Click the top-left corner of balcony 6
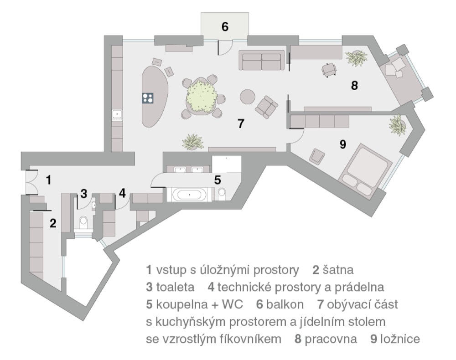tap(201, 12)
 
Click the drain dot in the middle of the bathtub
tap(189, 194)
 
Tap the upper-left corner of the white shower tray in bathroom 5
tap(212, 156)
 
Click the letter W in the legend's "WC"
tap(227, 304)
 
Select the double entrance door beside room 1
tap(32, 182)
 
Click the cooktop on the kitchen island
tap(148, 98)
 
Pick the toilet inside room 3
tap(83, 222)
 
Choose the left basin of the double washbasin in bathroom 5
tap(180, 169)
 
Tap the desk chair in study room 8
tap(329, 70)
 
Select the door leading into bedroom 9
tap(296, 136)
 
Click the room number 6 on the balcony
tap(225, 27)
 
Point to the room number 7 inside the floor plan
tap(241, 124)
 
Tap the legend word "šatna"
tap(338, 270)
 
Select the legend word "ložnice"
tap(400, 339)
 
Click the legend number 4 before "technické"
tap(211, 288)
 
